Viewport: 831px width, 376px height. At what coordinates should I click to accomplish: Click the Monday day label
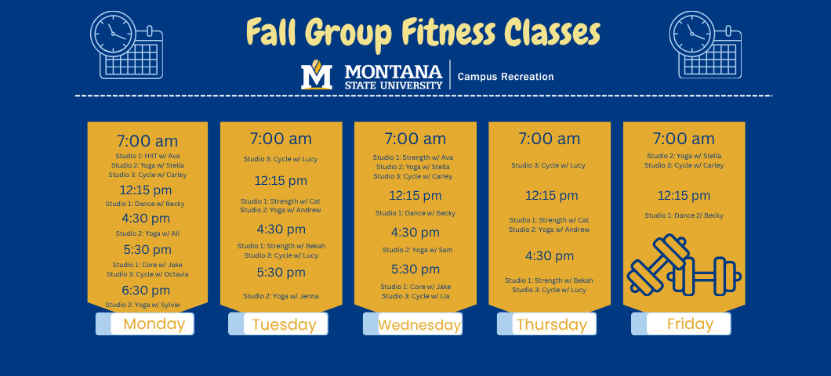tap(154, 324)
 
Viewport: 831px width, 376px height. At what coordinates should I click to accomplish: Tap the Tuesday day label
tap(284, 324)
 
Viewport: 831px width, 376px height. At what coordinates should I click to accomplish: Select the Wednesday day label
tap(419, 324)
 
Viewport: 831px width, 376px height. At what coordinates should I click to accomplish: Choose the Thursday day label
tap(552, 324)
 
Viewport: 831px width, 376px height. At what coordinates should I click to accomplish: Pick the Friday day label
tap(690, 324)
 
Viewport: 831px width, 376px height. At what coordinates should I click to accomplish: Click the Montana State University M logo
tap(317, 76)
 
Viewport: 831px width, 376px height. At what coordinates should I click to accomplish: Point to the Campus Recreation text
tap(506, 77)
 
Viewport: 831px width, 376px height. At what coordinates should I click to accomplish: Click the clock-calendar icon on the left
tap(126, 45)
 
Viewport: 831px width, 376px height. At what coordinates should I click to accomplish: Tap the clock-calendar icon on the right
tap(705, 45)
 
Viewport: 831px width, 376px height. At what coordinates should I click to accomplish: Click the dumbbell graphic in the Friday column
tap(684, 266)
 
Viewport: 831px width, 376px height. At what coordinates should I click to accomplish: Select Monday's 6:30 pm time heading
tap(147, 291)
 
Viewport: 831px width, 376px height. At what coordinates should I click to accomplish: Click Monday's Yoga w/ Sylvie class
tap(147, 305)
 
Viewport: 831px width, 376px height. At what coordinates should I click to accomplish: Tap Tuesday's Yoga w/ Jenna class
tap(281, 296)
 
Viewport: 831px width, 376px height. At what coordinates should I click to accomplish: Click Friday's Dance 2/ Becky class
tap(684, 215)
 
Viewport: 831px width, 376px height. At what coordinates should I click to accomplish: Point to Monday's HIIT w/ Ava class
tap(147, 156)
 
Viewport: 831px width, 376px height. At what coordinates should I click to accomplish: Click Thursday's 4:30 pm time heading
tap(550, 256)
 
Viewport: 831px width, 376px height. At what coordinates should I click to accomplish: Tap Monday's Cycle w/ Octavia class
tap(147, 274)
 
